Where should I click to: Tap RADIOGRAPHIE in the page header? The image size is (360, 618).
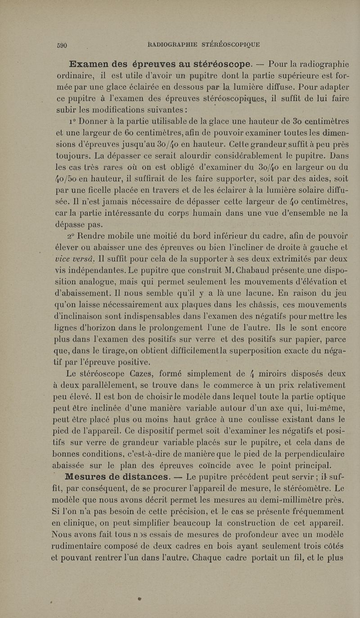(171, 44)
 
